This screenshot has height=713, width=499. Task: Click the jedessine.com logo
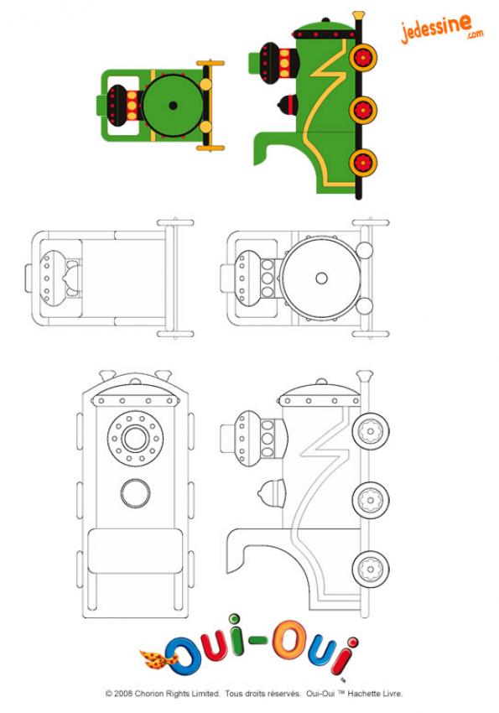tap(442, 29)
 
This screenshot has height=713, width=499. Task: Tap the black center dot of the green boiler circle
tap(173, 106)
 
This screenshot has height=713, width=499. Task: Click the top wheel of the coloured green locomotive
tap(363, 58)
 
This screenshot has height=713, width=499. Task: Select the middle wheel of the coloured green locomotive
tap(363, 110)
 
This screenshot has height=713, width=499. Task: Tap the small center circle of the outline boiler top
tap(321, 278)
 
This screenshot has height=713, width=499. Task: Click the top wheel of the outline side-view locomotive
tap(371, 431)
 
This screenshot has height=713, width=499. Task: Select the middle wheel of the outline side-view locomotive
tap(371, 500)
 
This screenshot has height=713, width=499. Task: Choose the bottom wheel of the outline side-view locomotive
tap(371, 569)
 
